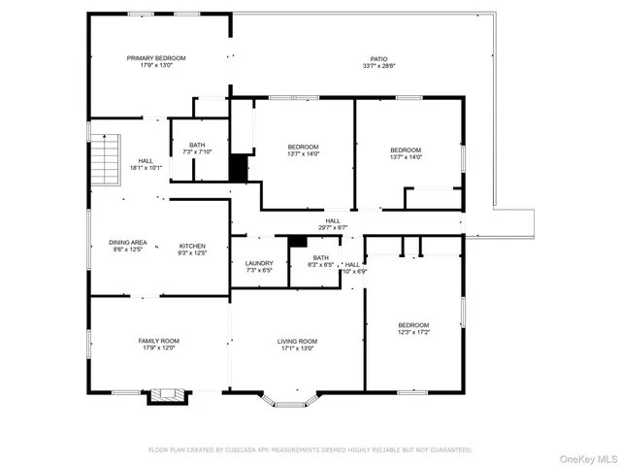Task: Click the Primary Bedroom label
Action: pos(156,58)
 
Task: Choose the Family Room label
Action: pos(158,341)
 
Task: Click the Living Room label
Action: pos(298,341)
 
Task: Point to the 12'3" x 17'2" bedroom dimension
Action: pos(413,333)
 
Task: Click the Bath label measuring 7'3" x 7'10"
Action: pos(197,146)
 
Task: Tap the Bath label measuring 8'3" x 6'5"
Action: pos(320,257)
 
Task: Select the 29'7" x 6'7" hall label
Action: pos(333,220)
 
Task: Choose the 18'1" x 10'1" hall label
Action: pos(146,161)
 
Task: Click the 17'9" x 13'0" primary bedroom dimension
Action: pos(156,66)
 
